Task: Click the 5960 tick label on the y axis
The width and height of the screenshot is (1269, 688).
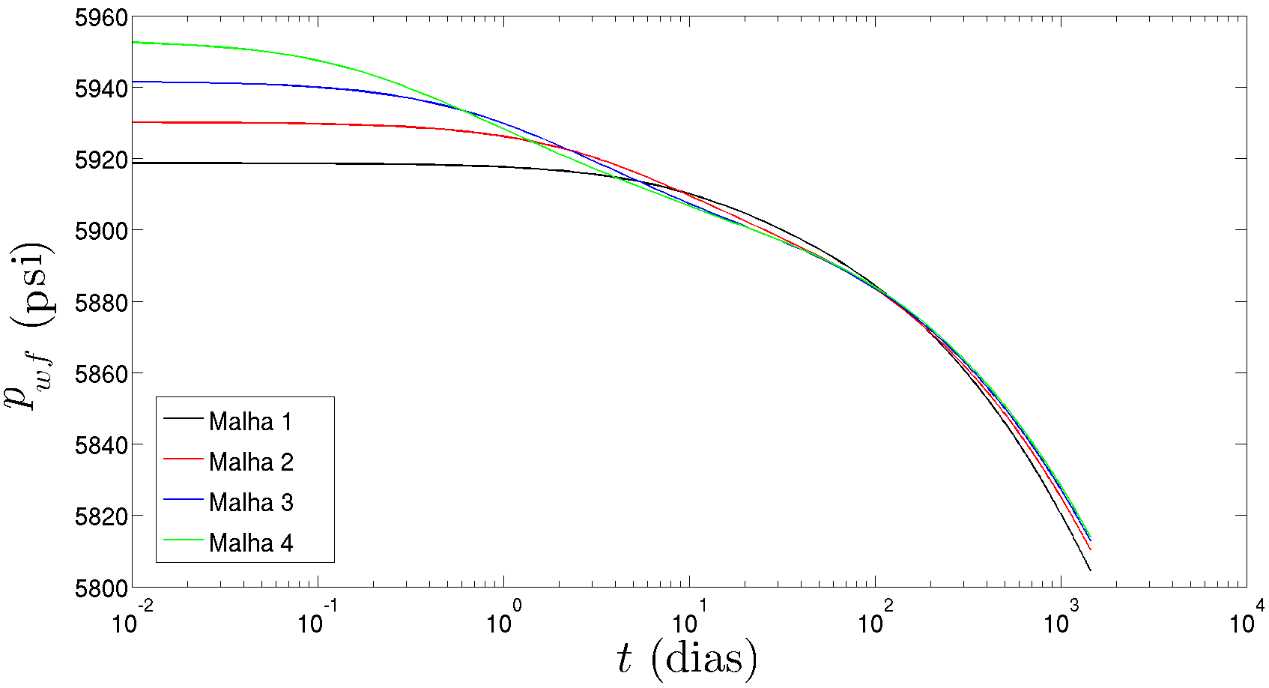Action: point(100,17)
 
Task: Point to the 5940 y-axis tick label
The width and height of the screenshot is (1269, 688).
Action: point(100,88)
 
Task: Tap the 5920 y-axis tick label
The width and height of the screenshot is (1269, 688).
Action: point(100,160)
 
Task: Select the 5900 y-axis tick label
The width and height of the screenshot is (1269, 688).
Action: point(100,231)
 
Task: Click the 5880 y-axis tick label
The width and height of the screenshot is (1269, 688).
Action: point(100,302)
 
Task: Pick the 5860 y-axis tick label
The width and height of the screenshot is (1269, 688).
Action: point(100,373)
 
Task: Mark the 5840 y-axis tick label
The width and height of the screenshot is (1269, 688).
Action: point(100,444)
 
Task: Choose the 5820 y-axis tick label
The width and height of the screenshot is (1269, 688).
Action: point(100,516)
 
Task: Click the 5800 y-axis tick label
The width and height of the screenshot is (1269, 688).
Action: point(100,588)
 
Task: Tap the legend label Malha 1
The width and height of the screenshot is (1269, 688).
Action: point(250,422)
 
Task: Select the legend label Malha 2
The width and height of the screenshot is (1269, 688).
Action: point(250,462)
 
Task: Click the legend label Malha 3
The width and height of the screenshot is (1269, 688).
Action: point(250,502)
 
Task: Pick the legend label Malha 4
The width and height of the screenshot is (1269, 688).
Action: point(250,543)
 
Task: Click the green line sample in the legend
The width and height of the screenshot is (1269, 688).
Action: point(184,539)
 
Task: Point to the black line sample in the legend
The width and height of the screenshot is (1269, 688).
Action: point(184,417)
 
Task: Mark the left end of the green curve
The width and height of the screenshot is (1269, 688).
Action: point(133,43)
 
